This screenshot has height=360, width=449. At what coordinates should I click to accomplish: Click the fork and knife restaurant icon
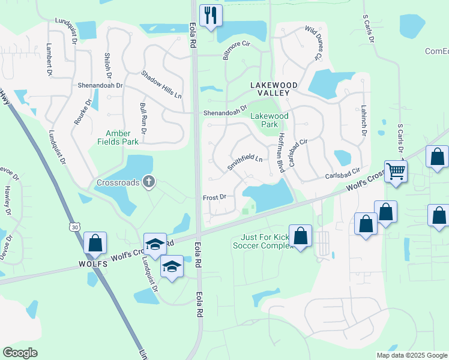211,16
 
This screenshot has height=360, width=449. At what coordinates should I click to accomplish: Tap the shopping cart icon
396,172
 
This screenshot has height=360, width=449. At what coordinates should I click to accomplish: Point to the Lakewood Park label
269,120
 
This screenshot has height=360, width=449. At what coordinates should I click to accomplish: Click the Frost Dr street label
214,197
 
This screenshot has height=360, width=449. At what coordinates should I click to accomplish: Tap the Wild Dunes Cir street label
314,43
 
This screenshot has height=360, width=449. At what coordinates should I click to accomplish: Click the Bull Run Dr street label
143,118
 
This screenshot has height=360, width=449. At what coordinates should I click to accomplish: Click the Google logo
20,353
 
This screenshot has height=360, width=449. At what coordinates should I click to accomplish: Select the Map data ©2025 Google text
411,355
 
